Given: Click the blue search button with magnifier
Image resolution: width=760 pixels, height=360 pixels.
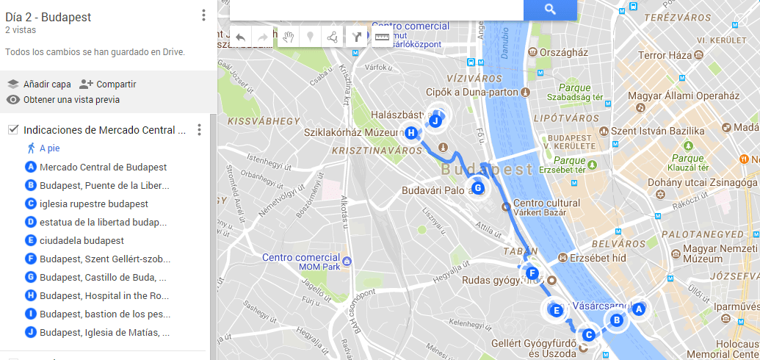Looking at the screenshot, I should (550, 10).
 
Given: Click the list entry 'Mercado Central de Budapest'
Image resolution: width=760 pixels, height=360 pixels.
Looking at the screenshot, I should (103, 168).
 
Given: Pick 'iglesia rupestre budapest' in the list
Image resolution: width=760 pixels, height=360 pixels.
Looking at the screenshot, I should (93, 204).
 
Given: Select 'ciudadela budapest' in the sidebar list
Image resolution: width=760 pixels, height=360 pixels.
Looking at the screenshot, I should (82, 241).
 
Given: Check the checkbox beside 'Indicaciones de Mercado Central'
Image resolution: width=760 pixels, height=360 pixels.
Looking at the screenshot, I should (12, 130).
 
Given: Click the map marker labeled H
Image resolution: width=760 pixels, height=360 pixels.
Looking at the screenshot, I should (411, 133).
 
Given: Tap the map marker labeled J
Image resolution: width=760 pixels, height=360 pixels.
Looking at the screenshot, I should (435, 120).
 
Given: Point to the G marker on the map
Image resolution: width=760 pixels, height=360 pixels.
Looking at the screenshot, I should (478, 188).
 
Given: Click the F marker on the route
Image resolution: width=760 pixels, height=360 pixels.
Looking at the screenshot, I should (532, 273).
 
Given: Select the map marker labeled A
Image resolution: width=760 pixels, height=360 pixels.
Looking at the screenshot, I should (638, 309).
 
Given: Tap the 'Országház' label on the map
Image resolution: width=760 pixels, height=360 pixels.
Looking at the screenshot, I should (563, 53).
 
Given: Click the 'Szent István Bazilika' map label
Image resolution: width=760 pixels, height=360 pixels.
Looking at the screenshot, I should (658, 131).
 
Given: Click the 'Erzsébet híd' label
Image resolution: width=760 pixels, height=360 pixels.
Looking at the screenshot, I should (598, 258).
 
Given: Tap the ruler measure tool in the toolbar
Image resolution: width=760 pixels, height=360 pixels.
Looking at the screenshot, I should (381, 36).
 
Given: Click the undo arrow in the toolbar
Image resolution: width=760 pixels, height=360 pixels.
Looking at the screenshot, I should (240, 36).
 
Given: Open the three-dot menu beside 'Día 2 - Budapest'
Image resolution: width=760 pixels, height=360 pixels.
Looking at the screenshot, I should (204, 15).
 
